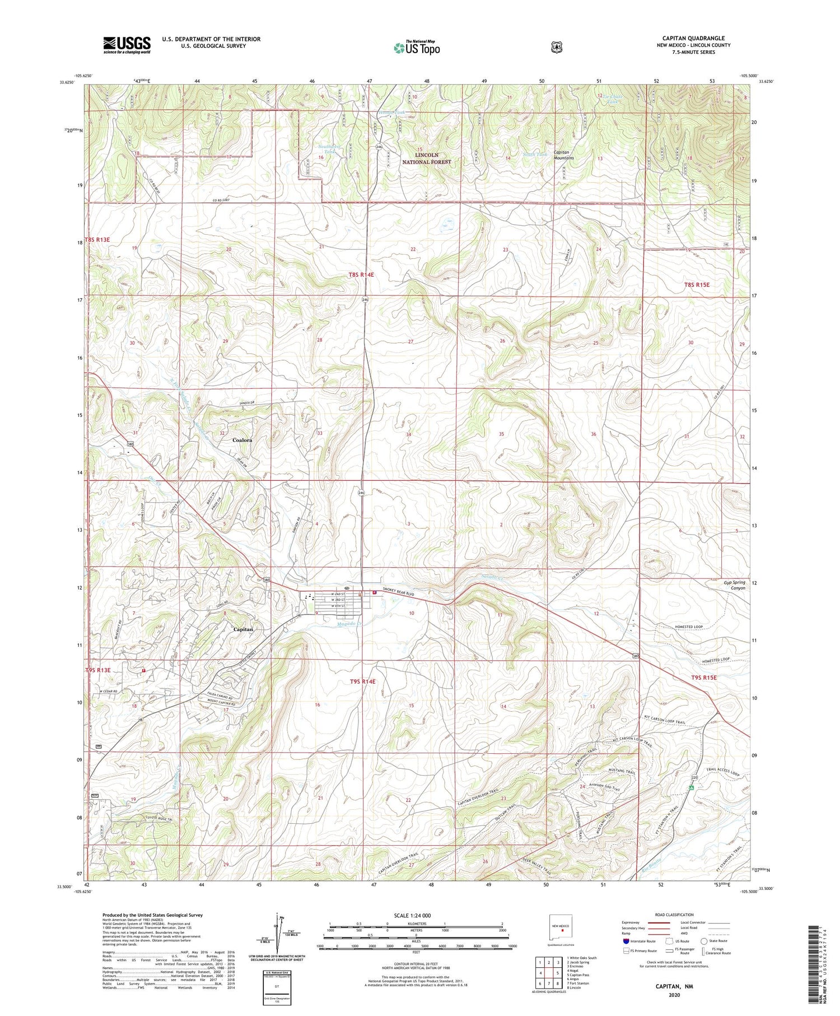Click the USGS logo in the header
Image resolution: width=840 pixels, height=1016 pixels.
tap(127, 45)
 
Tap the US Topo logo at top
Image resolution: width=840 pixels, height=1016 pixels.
tap(416, 48)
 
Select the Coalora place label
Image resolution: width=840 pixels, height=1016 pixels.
tap(242, 440)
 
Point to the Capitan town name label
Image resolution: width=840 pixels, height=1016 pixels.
tap(243, 629)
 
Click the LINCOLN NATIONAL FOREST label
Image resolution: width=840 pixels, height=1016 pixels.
tap(426, 158)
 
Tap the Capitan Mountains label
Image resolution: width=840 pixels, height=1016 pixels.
tap(563, 155)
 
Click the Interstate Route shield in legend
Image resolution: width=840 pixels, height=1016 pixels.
tap(626, 941)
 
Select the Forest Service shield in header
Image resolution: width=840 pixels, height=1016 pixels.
tap(556, 48)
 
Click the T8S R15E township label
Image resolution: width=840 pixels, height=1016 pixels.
tap(696, 285)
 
